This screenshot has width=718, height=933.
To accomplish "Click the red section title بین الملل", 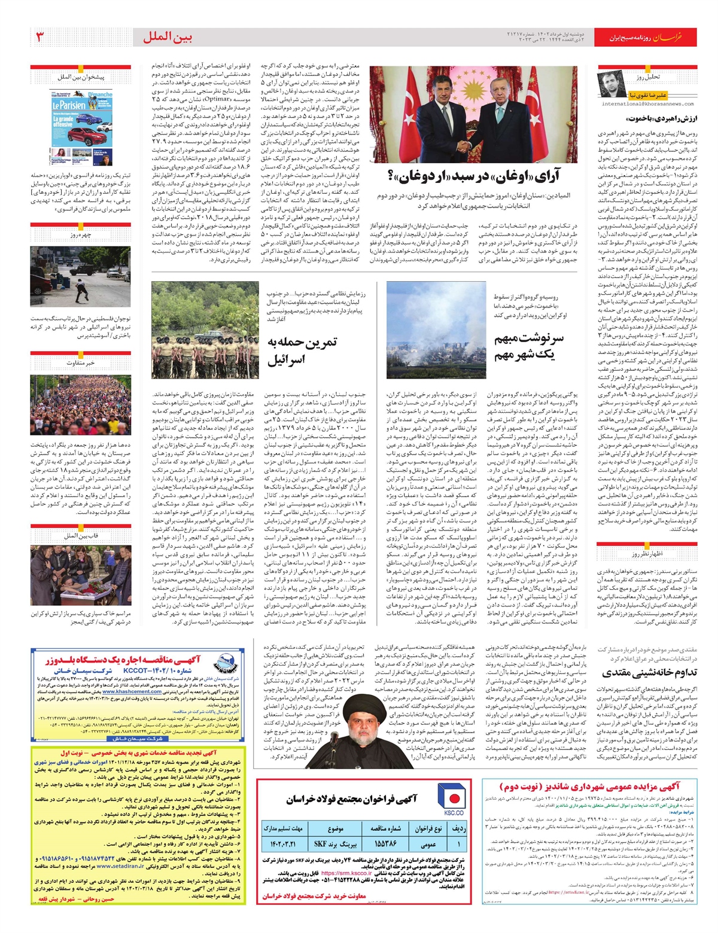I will [168, 38].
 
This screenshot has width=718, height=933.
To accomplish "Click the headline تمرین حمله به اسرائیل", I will [302, 350].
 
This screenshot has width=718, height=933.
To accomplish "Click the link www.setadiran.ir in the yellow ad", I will [120, 866].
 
